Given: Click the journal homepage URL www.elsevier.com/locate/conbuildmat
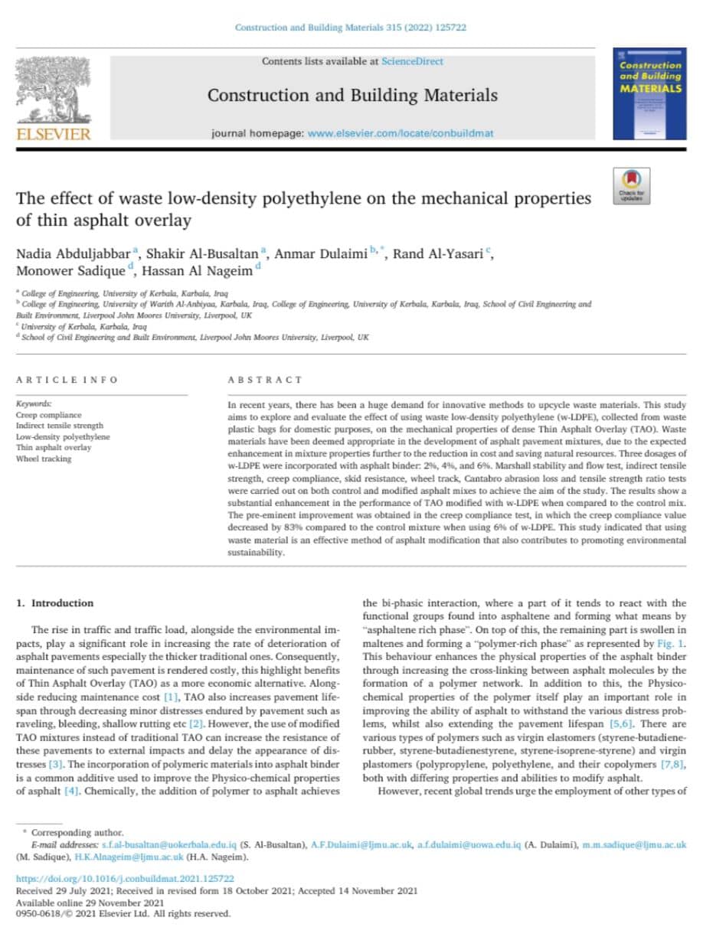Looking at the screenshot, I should pos(400,133).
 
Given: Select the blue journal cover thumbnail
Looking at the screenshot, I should pos(649,93).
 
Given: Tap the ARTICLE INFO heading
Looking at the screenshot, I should pos(67,380).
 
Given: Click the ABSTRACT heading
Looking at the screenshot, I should pos(265,380).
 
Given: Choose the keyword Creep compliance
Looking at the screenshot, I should pos(48,414).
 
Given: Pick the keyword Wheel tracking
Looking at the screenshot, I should pos(44,459).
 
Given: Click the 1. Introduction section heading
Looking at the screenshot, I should pos(55,603).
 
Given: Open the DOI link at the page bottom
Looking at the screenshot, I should pos(125,880).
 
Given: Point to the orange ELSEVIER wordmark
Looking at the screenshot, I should pos(54,135).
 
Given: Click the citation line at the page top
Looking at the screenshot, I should pos(351,28).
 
